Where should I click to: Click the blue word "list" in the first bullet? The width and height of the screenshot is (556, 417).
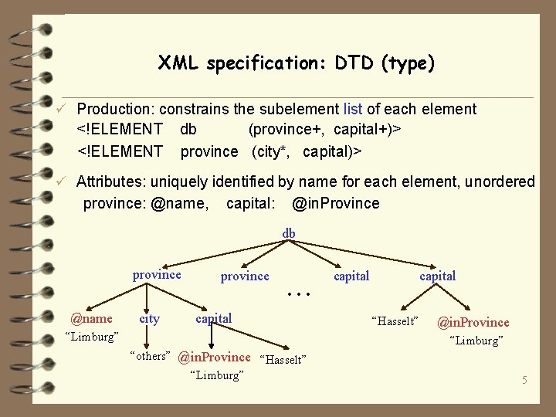coord(363,110)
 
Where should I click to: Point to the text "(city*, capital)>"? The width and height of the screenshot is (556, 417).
coord(307,151)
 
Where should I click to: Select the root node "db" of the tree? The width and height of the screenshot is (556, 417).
coord(288,232)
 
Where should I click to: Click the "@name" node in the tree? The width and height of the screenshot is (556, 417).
coord(91,318)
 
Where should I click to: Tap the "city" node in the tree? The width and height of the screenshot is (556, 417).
coord(149,318)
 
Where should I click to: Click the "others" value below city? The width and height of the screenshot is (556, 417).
coord(151,355)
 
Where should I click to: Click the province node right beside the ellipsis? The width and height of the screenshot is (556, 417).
coord(245,276)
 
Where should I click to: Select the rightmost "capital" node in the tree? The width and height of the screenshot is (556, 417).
coord(437,276)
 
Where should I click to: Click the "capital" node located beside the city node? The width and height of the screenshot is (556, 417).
coord(213,318)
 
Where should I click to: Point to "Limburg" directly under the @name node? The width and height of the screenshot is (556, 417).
coord(91,337)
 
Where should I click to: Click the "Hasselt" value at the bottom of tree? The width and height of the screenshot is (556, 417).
coord(284,360)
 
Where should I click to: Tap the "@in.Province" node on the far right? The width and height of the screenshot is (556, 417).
coord(473,322)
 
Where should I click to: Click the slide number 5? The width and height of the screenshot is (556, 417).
coord(524,380)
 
